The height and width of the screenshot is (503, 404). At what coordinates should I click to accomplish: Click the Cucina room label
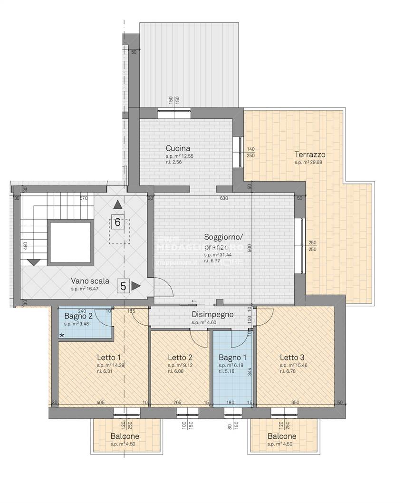tap(178, 148)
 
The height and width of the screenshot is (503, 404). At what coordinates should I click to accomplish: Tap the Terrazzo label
tap(310, 155)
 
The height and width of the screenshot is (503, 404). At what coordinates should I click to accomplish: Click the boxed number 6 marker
tap(118, 222)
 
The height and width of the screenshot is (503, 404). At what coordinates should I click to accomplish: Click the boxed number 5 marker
tap(124, 286)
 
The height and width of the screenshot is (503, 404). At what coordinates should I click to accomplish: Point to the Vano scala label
tap(90, 281)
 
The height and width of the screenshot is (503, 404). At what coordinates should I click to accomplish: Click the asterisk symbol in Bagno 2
tap(62, 336)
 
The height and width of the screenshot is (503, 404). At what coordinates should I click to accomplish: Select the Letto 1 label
tap(109, 358)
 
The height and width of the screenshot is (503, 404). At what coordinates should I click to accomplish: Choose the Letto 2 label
tap(180, 358)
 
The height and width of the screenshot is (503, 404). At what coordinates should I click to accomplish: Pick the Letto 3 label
tap(292, 358)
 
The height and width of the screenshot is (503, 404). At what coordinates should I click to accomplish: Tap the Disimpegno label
tap(212, 314)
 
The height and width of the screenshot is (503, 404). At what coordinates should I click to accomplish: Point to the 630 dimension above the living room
tap(224, 198)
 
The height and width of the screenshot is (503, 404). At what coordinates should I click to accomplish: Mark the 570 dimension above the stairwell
tap(84, 198)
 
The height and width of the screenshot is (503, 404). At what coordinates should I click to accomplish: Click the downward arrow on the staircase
tap(34, 261)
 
